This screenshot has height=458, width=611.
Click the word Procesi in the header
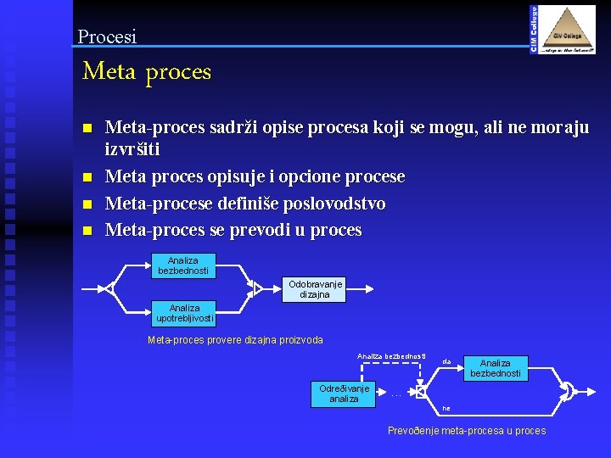click(x=107, y=36)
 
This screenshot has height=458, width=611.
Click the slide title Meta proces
click(x=147, y=72)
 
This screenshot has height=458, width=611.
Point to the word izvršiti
click(x=132, y=149)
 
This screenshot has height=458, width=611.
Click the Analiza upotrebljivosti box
click(x=184, y=314)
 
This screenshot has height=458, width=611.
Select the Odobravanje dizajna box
click(x=315, y=289)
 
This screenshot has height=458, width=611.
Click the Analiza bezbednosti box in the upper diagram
click(x=183, y=265)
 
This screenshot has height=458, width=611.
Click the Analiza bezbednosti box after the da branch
click(x=496, y=368)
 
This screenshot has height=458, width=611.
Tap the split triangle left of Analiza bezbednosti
click(x=109, y=288)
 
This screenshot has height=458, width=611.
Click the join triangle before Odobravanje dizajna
click(x=258, y=289)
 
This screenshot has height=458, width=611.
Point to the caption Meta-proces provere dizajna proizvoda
click(x=235, y=340)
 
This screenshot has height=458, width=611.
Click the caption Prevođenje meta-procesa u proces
click(x=467, y=431)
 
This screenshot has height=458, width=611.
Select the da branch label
click(x=446, y=361)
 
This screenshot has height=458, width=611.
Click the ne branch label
click(x=446, y=408)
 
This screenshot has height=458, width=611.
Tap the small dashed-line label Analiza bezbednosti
click(x=391, y=356)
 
